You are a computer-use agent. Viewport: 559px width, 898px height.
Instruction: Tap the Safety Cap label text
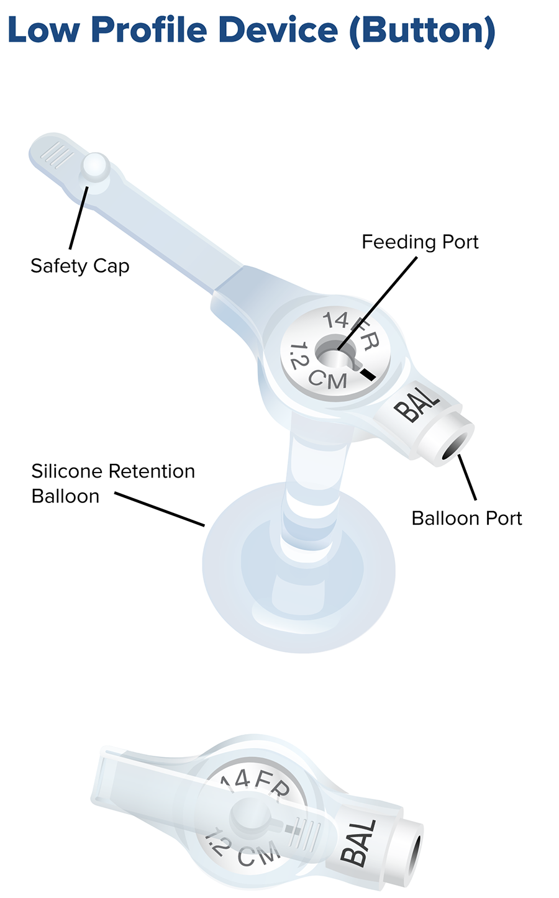pyautogui.click(x=80, y=266)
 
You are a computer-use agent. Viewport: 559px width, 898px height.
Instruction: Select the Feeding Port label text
pyautogui.click(x=420, y=242)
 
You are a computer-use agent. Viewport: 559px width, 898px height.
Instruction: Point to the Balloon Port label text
pyautogui.click(x=466, y=518)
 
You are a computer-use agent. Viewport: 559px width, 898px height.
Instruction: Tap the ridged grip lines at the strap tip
pyautogui.click(x=57, y=154)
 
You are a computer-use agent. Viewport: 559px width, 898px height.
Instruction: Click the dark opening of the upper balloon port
pyautogui.click(x=455, y=446)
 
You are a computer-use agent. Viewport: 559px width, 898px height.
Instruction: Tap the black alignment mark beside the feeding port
pyautogui.click(x=368, y=374)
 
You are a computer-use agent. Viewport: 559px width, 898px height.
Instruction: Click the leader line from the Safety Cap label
pyautogui.click(x=79, y=217)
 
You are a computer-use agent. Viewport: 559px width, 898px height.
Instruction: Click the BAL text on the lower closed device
pyautogui.click(x=359, y=843)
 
